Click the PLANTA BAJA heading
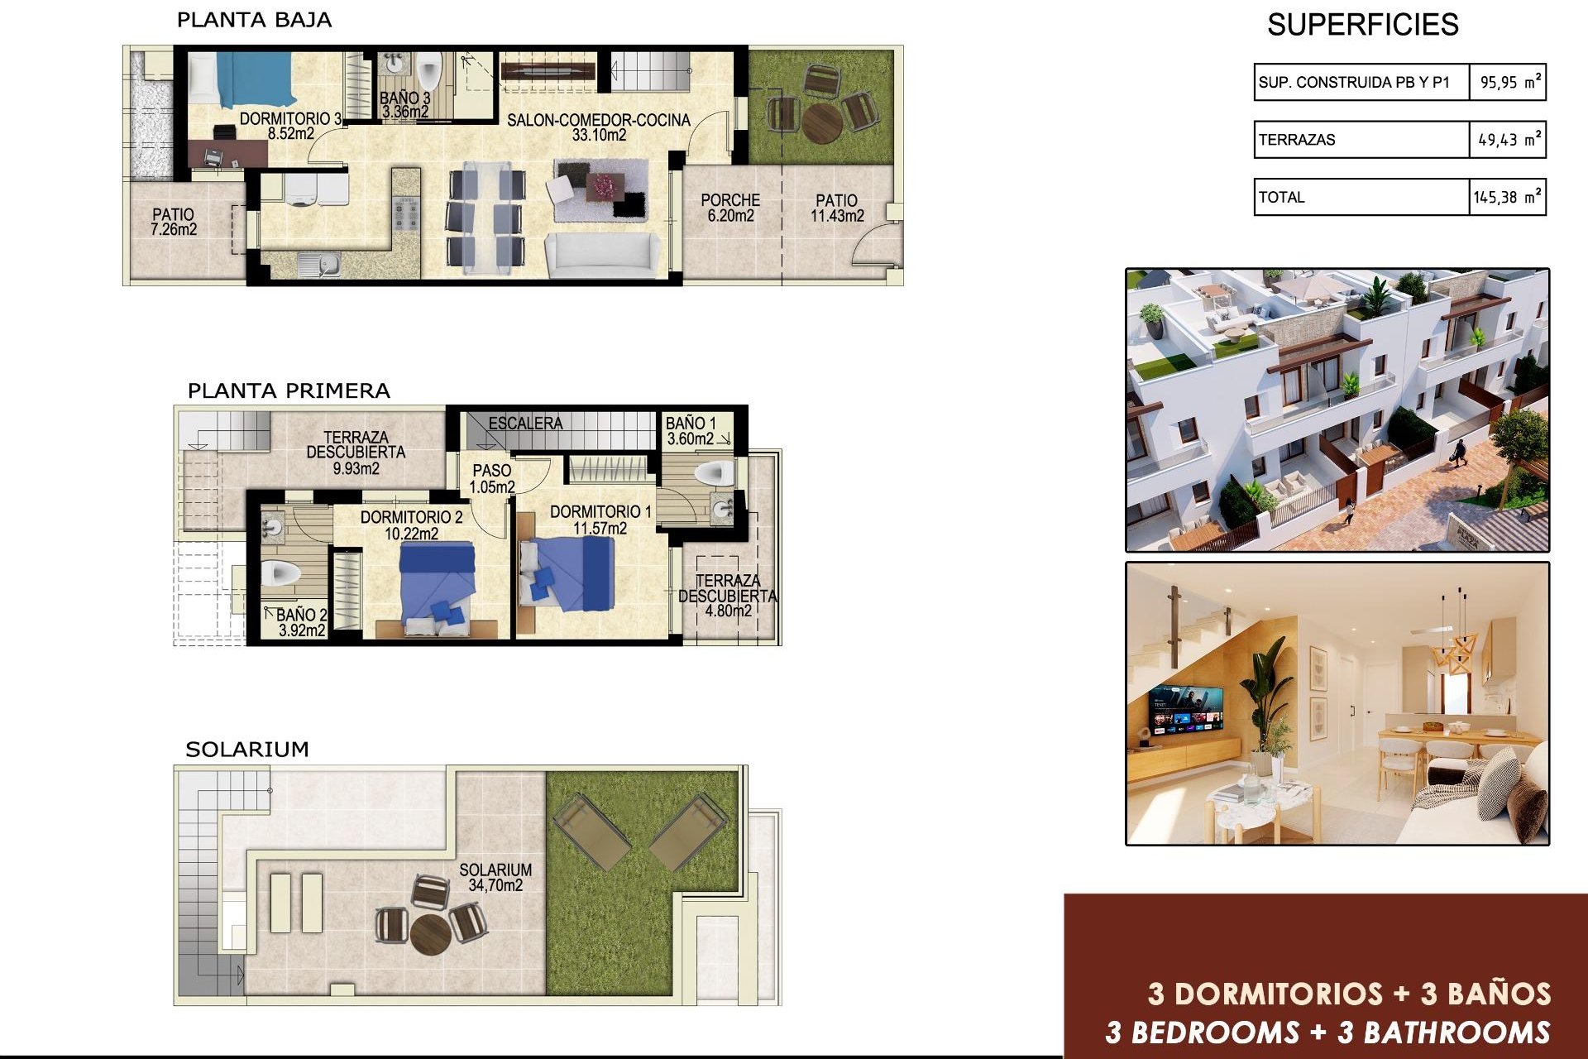[254, 21]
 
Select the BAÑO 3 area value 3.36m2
[405, 112]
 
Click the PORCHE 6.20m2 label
[730, 208]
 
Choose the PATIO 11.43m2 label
[837, 208]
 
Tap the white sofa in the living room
[602, 255]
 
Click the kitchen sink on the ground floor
[319, 265]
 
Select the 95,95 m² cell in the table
[1509, 83]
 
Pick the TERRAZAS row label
[1297, 140]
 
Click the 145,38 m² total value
[1507, 198]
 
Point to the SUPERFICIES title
[1362, 25]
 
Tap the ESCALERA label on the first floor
[525, 424]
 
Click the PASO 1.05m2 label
[492, 479]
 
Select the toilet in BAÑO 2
[280, 573]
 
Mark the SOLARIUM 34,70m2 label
[495, 877]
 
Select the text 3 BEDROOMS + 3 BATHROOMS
[1327, 1033]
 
